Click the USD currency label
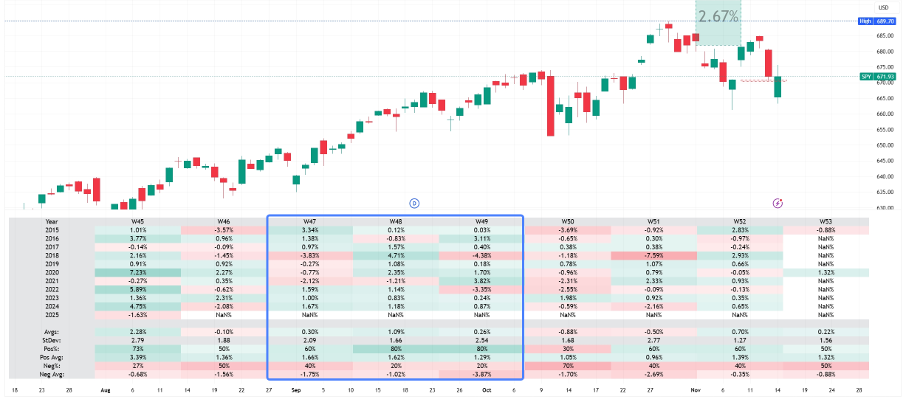pyautogui.click(x=882, y=7)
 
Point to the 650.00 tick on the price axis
pyautogui.click(x=885, y=145)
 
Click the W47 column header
pyautogui.click(x=310, y=221)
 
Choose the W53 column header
pyautogui.click(x=826, y=221)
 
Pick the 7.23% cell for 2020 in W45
pyautogui.click(x=137, y=271)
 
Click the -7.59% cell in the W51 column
pyautogui.click(x=653, y=255)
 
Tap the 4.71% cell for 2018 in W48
pyautogui.click(x=396, y=255)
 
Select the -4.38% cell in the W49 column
pyautogui.click(x=481, y=255)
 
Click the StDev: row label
pyautogui.click(x=52, y=341)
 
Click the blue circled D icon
pyautogui.click(x=414, y=203)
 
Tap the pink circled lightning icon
pyautogui.click(x=778, y=203)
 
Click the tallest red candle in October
pyautogui.click(x=550, y=103)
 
